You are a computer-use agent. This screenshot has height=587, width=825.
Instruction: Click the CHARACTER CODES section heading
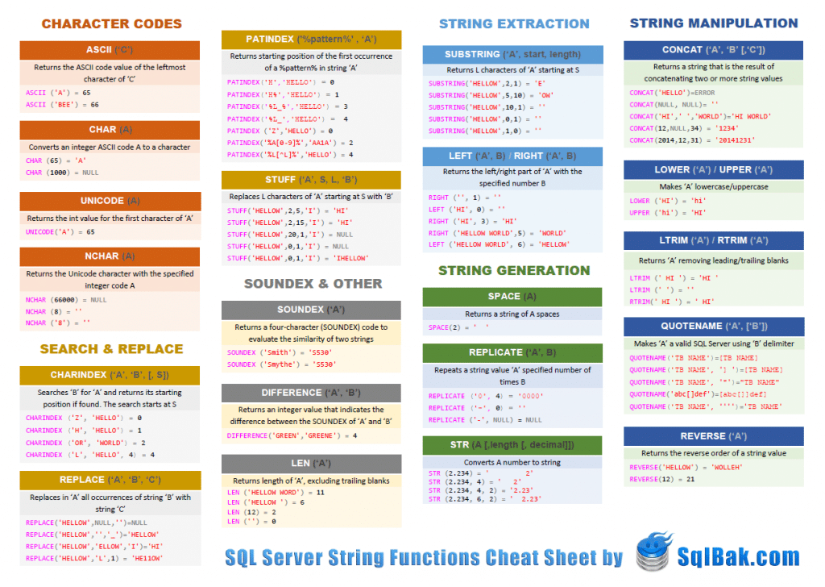111,24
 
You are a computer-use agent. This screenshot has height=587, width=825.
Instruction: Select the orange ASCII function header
110,50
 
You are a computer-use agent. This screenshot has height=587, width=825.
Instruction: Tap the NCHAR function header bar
110,256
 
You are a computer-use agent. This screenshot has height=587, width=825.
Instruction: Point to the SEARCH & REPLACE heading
111,349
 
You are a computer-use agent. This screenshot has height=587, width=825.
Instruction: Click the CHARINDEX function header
110,375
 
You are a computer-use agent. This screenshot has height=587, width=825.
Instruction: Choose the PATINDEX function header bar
311,40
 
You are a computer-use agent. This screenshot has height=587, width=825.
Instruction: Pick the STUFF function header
311,179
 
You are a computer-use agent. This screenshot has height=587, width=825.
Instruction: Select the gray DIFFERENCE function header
311,393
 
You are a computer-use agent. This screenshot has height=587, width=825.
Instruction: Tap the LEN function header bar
311,464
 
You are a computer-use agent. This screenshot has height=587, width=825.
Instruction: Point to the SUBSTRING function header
512,54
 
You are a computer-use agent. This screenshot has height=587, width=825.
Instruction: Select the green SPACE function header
512,296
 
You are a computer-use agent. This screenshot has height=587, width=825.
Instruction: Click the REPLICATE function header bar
512,352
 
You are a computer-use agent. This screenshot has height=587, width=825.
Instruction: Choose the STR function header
512,445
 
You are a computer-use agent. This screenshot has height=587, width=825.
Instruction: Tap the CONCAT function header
713,50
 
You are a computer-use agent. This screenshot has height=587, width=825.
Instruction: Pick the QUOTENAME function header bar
713,327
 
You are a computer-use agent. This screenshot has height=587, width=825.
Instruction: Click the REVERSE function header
713,436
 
